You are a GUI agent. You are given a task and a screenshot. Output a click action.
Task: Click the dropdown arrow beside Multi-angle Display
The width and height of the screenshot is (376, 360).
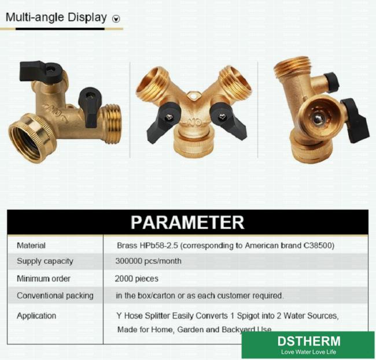[116, 18]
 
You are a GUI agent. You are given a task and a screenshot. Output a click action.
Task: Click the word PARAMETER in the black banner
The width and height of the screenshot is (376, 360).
[187, 222]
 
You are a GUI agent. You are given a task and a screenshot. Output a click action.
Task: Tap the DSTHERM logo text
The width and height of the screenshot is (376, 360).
[309, 341]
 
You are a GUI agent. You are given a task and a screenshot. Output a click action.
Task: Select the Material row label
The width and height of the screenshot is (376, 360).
[31, 246]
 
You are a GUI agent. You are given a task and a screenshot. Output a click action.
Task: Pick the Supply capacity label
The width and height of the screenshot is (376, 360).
[45, 261]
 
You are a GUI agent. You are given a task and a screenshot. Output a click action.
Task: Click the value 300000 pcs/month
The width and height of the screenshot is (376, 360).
[149, 261]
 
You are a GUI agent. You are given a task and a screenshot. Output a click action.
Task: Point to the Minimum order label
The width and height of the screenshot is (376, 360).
[43, 279]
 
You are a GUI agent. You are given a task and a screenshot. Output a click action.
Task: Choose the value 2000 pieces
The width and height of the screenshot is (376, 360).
[137, 279]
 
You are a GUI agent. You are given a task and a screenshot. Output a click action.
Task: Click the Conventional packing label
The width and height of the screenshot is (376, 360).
[55, 295]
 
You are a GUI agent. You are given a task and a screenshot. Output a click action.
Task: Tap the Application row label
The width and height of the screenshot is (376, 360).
[36, 316]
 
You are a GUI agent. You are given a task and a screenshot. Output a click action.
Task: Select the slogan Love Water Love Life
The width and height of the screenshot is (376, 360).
[309, 352]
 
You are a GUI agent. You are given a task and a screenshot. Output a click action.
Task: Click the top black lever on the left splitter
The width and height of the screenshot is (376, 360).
[40, 70]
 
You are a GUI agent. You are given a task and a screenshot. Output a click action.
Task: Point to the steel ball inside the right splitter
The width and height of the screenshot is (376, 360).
[318, 119]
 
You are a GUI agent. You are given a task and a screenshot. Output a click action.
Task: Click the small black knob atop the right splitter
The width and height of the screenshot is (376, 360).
[332, 82]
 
